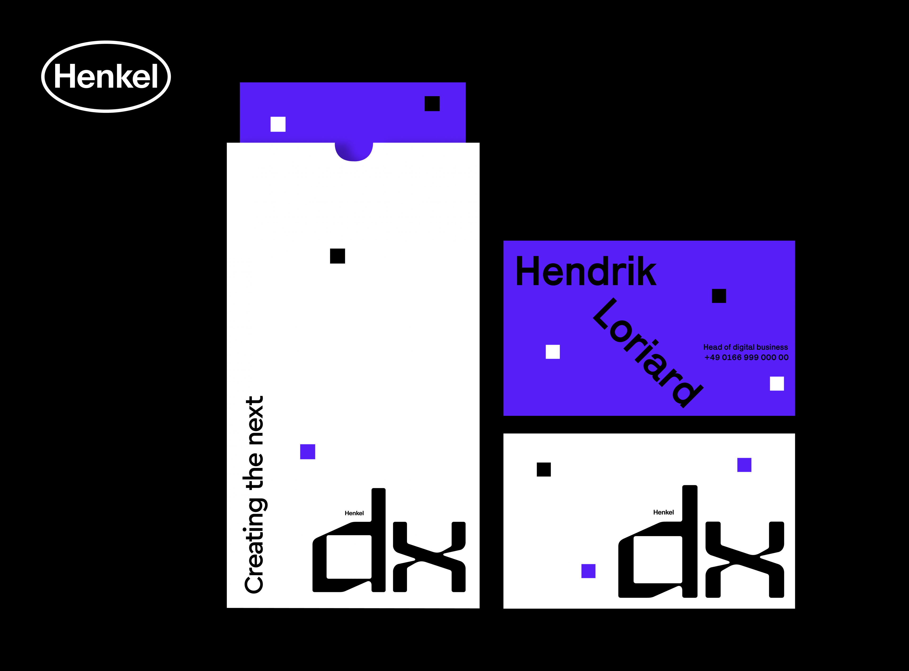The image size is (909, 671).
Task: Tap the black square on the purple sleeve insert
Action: pos(432,104)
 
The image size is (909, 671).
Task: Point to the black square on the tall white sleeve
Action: pos(338,256)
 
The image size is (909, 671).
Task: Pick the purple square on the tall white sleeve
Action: pos(307,452)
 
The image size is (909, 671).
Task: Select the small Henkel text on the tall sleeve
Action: pos(354,513)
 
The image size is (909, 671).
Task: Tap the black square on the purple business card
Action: pos(719,296)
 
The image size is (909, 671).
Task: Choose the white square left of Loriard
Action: pos(553,352)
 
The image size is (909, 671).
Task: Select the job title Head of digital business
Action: pos(745,347)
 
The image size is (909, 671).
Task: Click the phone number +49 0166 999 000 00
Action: pos(747,357)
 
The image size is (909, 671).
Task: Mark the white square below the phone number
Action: pos(777,383)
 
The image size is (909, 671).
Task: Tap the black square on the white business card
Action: pos(544,470)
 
